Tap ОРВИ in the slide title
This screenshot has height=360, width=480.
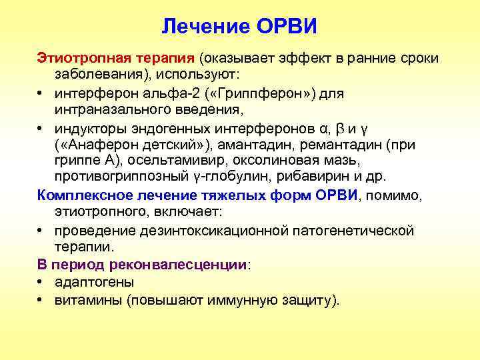click(283, 27)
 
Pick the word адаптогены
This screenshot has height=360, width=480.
click(94, 282)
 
